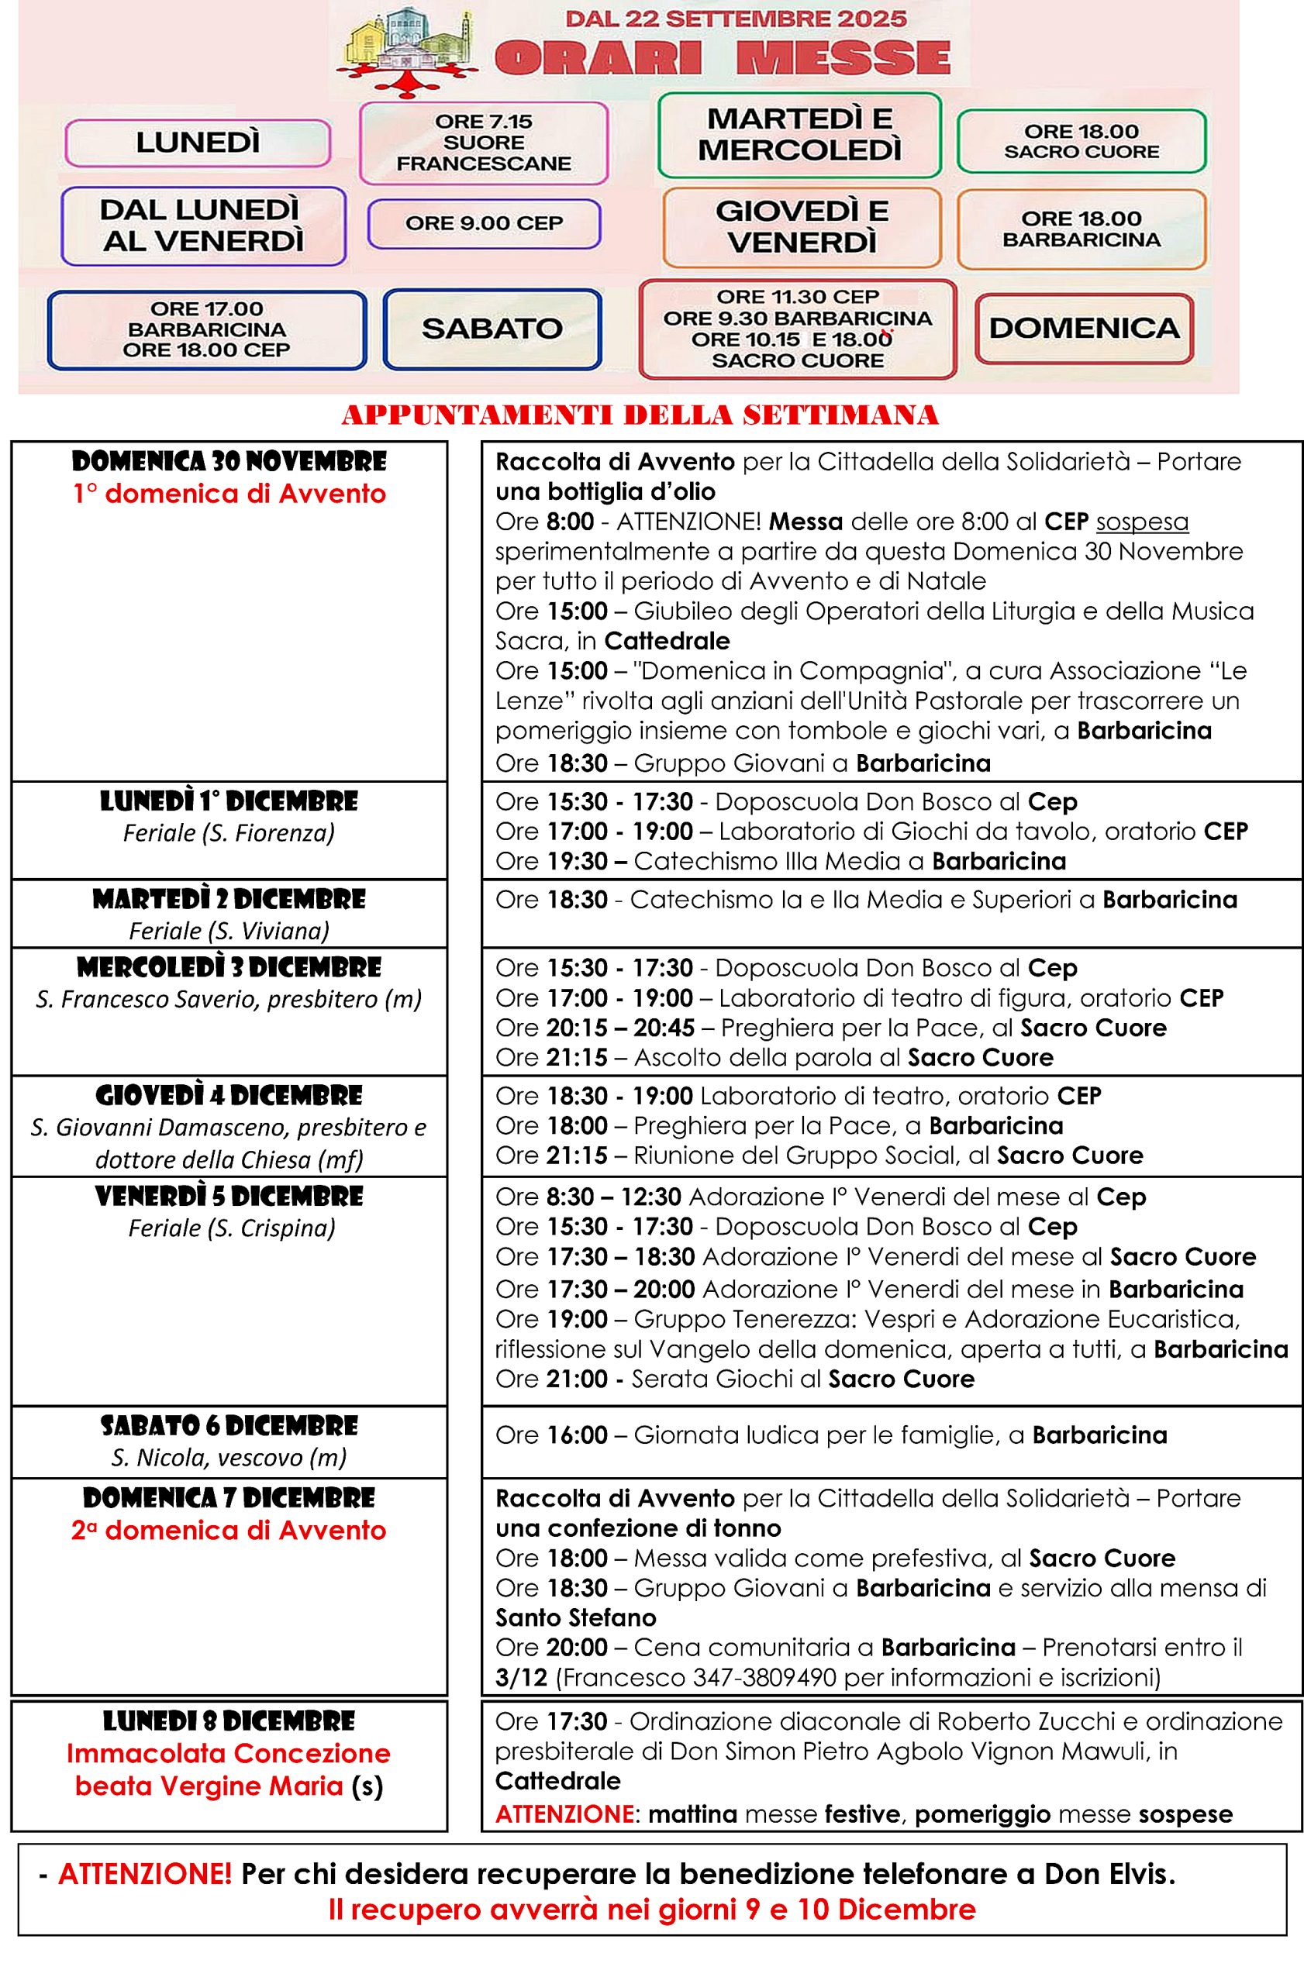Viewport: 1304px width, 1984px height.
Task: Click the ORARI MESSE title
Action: [x=722, y=57]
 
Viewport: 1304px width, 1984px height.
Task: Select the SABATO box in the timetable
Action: [x=492, y=329]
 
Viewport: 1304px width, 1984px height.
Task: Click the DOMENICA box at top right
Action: [x=1084, y=329]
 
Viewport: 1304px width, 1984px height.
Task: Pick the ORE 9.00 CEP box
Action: [x=485, y=223]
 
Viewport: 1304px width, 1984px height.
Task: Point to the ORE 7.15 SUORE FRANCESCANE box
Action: [x=484, y=143]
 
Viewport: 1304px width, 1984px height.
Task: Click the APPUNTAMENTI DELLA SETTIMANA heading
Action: [x=640, y=415]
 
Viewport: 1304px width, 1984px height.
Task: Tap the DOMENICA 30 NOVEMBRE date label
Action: [x=229, y=462]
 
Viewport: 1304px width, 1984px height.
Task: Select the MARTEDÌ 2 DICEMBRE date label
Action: [x=229, y=900]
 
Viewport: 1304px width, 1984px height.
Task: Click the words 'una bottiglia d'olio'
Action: [x=605, y=492]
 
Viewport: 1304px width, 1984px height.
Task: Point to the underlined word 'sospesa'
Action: [x=1141, y=522]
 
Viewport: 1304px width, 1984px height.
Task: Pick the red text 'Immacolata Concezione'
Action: [x=229, y=1753]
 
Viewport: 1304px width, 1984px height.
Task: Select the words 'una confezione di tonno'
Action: [x=638, y=1528]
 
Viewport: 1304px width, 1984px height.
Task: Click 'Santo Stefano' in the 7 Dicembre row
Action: [x=575, y=1617]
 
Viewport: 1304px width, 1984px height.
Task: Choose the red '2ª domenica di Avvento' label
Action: [x=229, y=1531]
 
